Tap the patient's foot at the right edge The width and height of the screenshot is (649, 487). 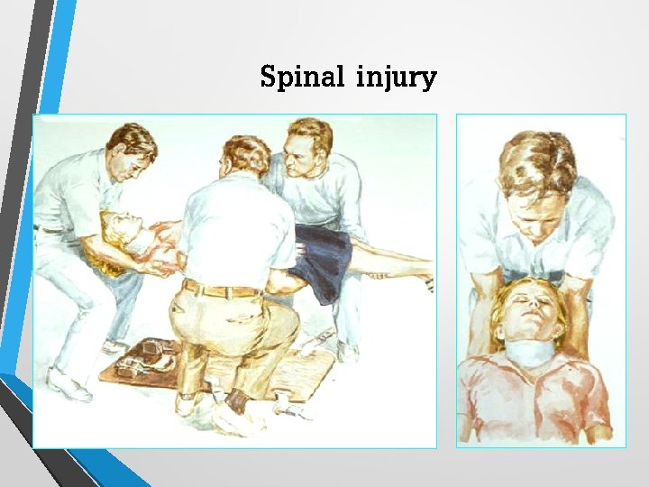428,284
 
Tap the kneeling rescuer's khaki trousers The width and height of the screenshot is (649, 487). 239,329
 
